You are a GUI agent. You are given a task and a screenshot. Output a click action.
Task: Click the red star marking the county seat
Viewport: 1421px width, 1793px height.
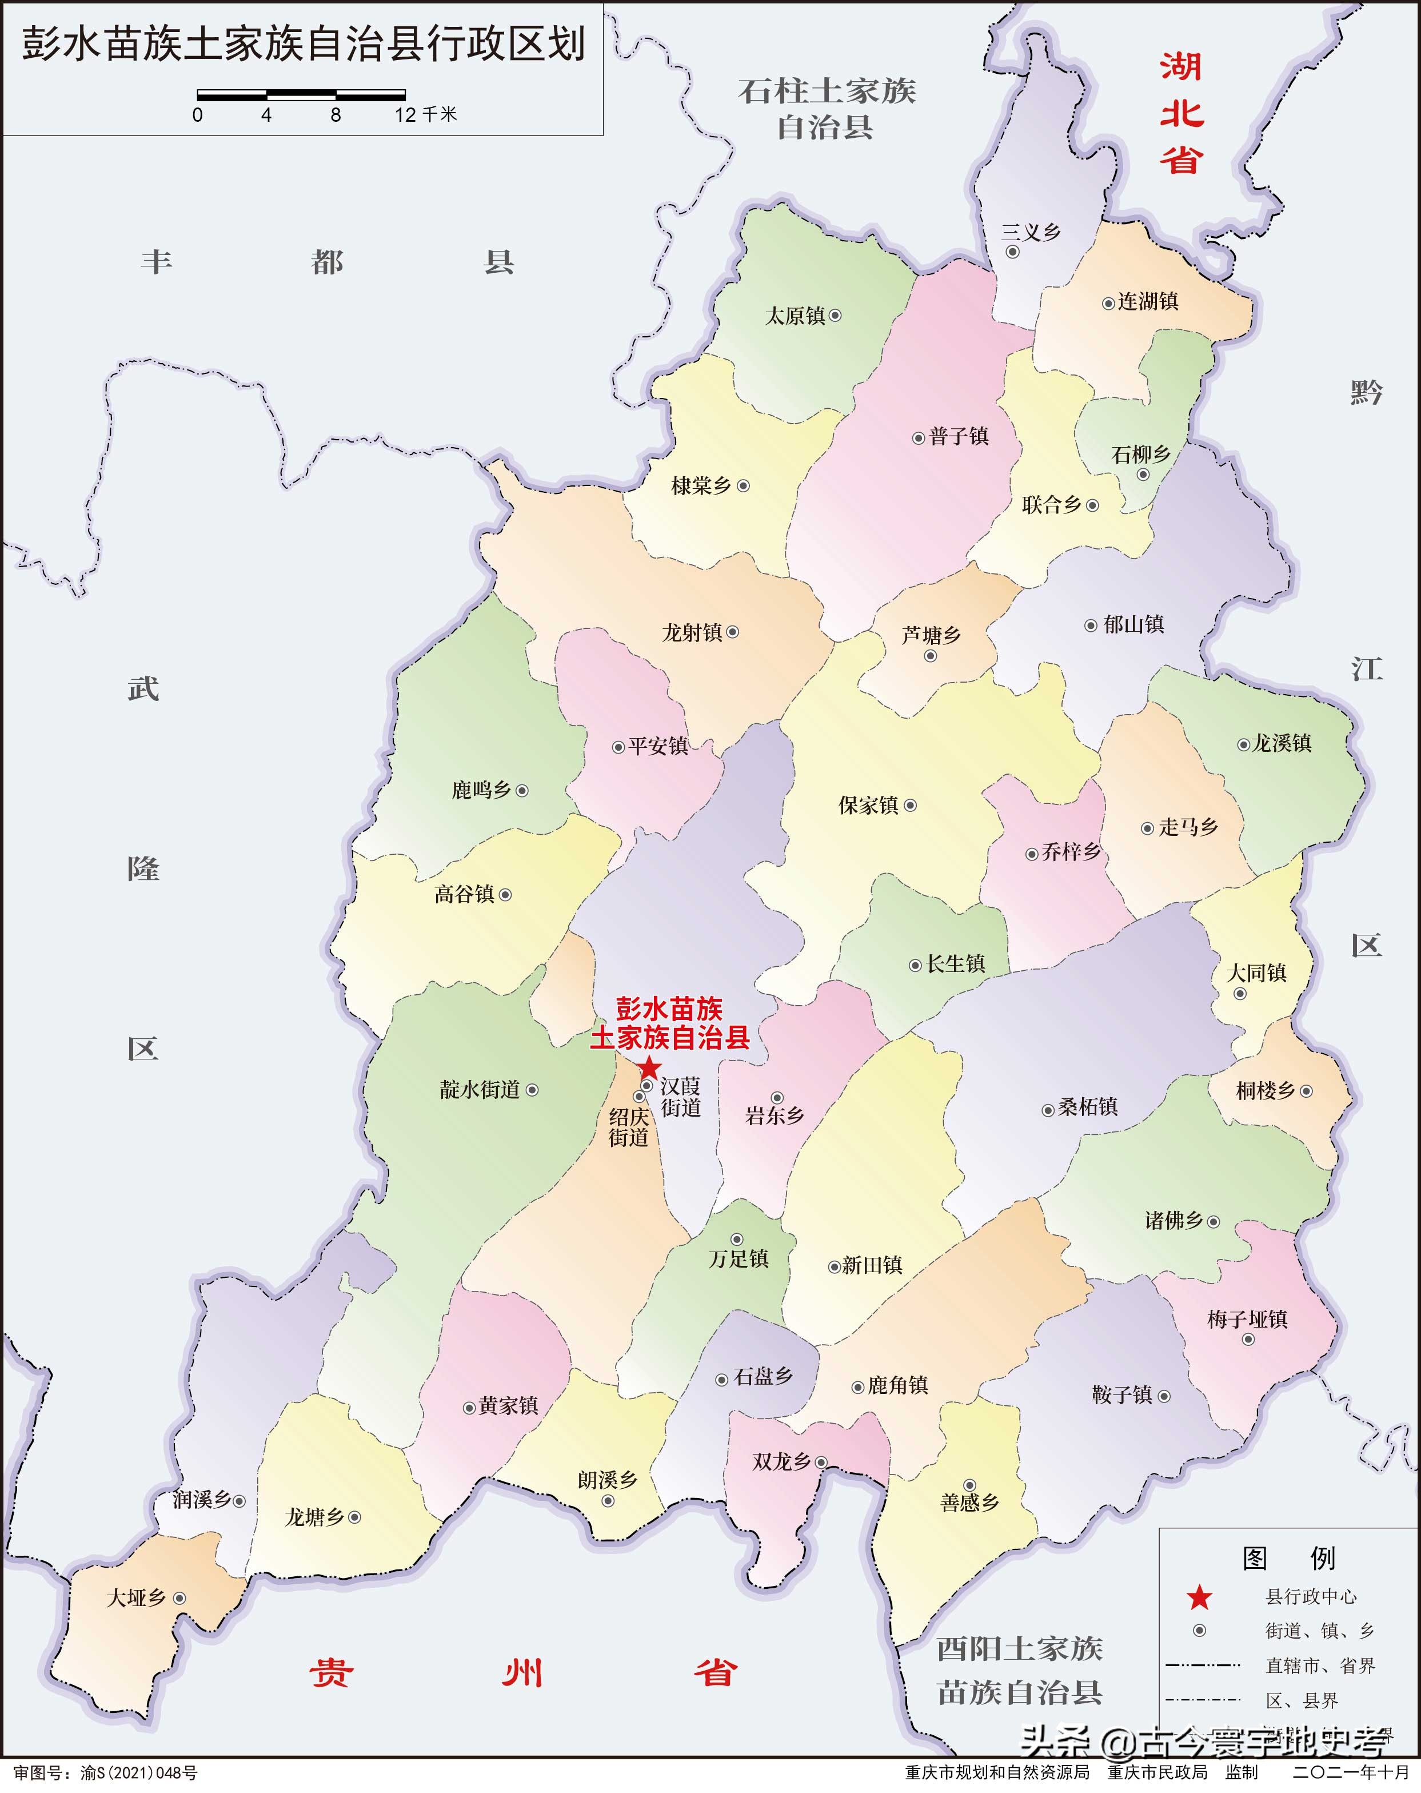649,1068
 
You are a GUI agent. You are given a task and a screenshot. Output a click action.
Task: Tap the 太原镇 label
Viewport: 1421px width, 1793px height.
795,316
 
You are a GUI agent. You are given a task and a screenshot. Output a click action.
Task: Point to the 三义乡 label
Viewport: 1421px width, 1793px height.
1031,232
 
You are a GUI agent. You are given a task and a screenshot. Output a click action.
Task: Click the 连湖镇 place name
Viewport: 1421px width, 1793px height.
1147,301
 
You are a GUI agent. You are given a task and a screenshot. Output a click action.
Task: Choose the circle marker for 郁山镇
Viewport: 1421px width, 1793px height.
1090,625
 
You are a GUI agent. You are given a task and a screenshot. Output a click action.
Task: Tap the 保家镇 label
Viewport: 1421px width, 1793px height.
868,805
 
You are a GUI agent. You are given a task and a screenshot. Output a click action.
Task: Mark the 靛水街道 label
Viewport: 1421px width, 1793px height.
480,1089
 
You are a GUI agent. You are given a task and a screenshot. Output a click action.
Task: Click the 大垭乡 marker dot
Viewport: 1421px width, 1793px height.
179,1597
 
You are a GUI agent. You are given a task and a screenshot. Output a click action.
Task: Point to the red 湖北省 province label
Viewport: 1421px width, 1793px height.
1181,113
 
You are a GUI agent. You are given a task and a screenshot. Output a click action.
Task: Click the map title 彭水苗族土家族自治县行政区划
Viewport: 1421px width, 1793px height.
304,44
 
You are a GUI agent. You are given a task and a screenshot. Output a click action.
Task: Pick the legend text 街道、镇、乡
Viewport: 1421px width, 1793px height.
1320,1631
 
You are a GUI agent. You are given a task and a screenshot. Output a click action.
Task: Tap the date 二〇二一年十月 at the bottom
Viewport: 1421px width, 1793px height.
1351,1772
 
